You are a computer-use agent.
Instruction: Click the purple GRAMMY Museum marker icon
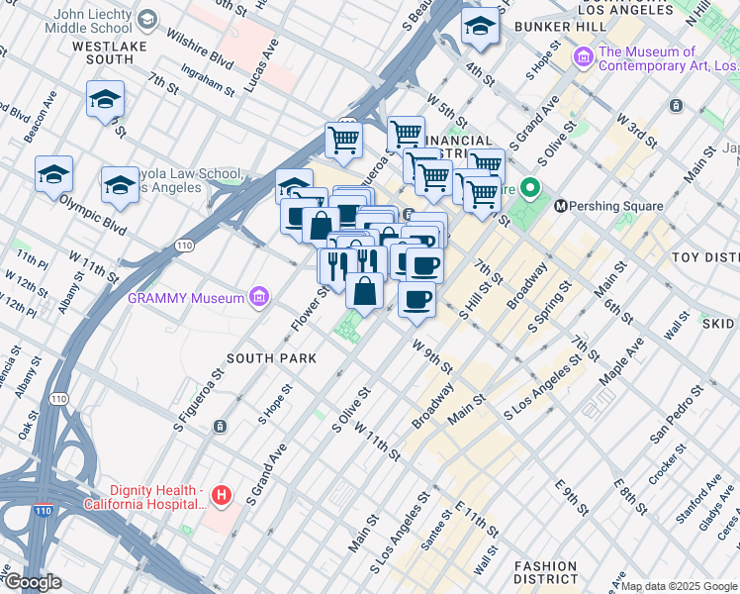pos(259,297)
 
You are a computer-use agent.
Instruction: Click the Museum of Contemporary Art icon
pos(584,58)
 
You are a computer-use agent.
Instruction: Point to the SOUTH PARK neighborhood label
pos(271,357)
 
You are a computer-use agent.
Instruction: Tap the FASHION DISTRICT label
pos(545,571)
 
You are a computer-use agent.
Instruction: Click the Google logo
pos(32,582)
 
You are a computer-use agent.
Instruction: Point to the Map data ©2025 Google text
pos(679,586)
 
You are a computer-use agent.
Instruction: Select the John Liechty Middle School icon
pos(147,20)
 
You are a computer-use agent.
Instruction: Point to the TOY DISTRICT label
pos(705,257)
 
